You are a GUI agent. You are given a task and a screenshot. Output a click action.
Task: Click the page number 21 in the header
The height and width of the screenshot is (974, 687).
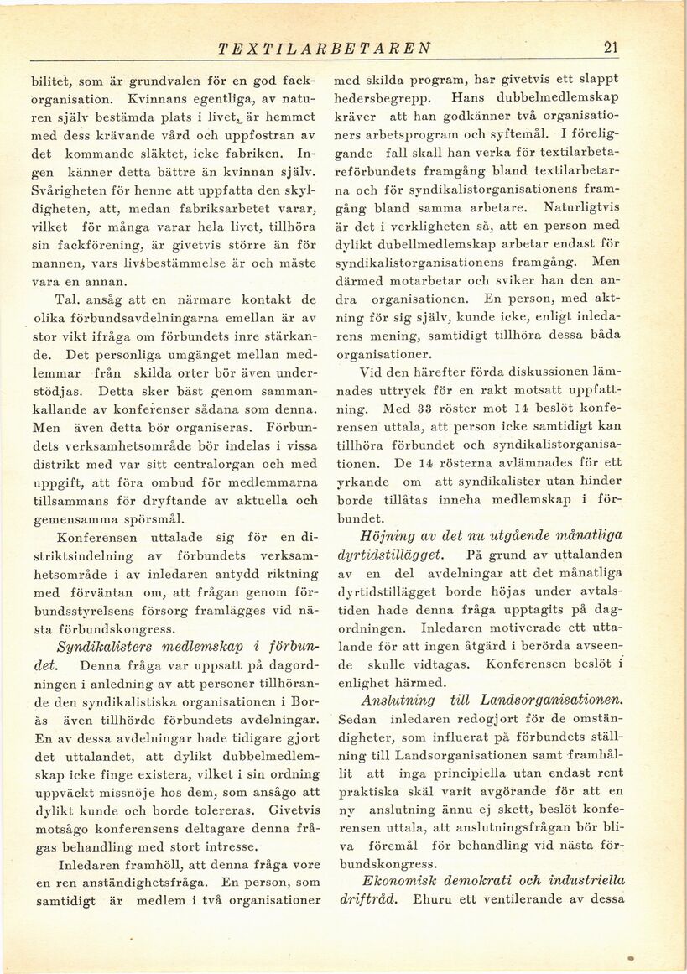pyautogui.click(x=610, y=48)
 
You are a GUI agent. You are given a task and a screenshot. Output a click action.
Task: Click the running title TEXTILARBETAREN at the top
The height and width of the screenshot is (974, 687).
pyautogui.click(x=324, y=49)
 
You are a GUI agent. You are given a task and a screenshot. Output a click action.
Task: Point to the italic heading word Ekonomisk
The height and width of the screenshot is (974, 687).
pyautogui.click(x=397, y=879)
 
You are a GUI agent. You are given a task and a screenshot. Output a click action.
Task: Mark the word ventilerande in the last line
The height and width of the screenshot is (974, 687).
pyautogui.click(x=547, y=900)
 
